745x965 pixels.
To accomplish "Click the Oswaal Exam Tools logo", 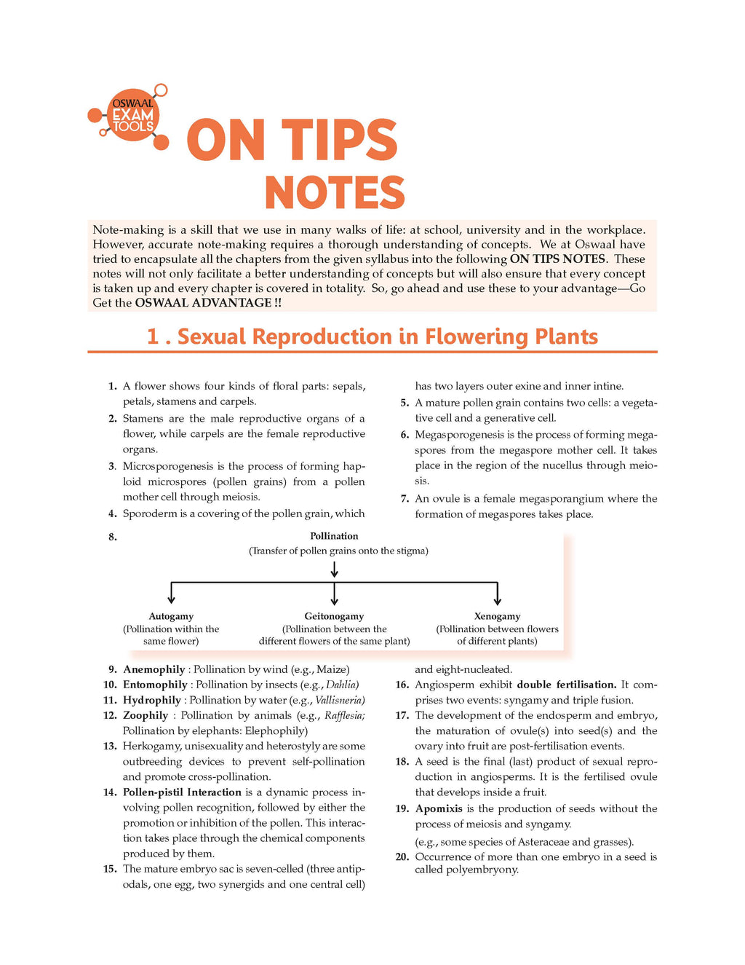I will point(132,116).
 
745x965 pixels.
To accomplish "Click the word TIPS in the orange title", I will point(339,141).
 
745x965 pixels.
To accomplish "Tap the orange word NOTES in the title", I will point(334,193).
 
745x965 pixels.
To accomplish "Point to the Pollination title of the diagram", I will point(334,536).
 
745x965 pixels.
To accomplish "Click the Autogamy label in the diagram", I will point(171,616).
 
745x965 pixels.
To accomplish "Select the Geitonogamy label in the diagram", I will point(334,616).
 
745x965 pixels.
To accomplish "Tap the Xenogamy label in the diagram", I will point(497,616).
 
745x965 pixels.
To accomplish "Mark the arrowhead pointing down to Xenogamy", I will point(497,601).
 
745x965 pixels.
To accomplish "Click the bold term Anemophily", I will point(154,669).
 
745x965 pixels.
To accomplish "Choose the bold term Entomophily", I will point(155,685).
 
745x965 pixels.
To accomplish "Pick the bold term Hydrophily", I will point(152,700).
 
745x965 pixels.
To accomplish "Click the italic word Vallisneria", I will point(340,700).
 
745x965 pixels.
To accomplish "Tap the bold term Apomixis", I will point(439,808).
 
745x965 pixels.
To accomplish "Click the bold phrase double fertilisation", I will point(567,685).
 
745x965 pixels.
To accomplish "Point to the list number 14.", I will point(110,792).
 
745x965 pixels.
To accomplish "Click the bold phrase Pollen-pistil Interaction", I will point(182,792).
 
